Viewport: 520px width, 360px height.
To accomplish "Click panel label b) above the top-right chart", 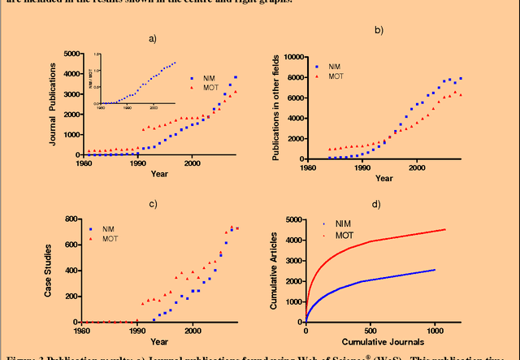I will point(378,30).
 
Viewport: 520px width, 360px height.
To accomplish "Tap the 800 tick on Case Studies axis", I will point(80,219).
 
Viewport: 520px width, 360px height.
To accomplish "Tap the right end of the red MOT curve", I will point(445,229).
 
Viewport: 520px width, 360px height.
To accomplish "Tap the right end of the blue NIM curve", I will point(435,270).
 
